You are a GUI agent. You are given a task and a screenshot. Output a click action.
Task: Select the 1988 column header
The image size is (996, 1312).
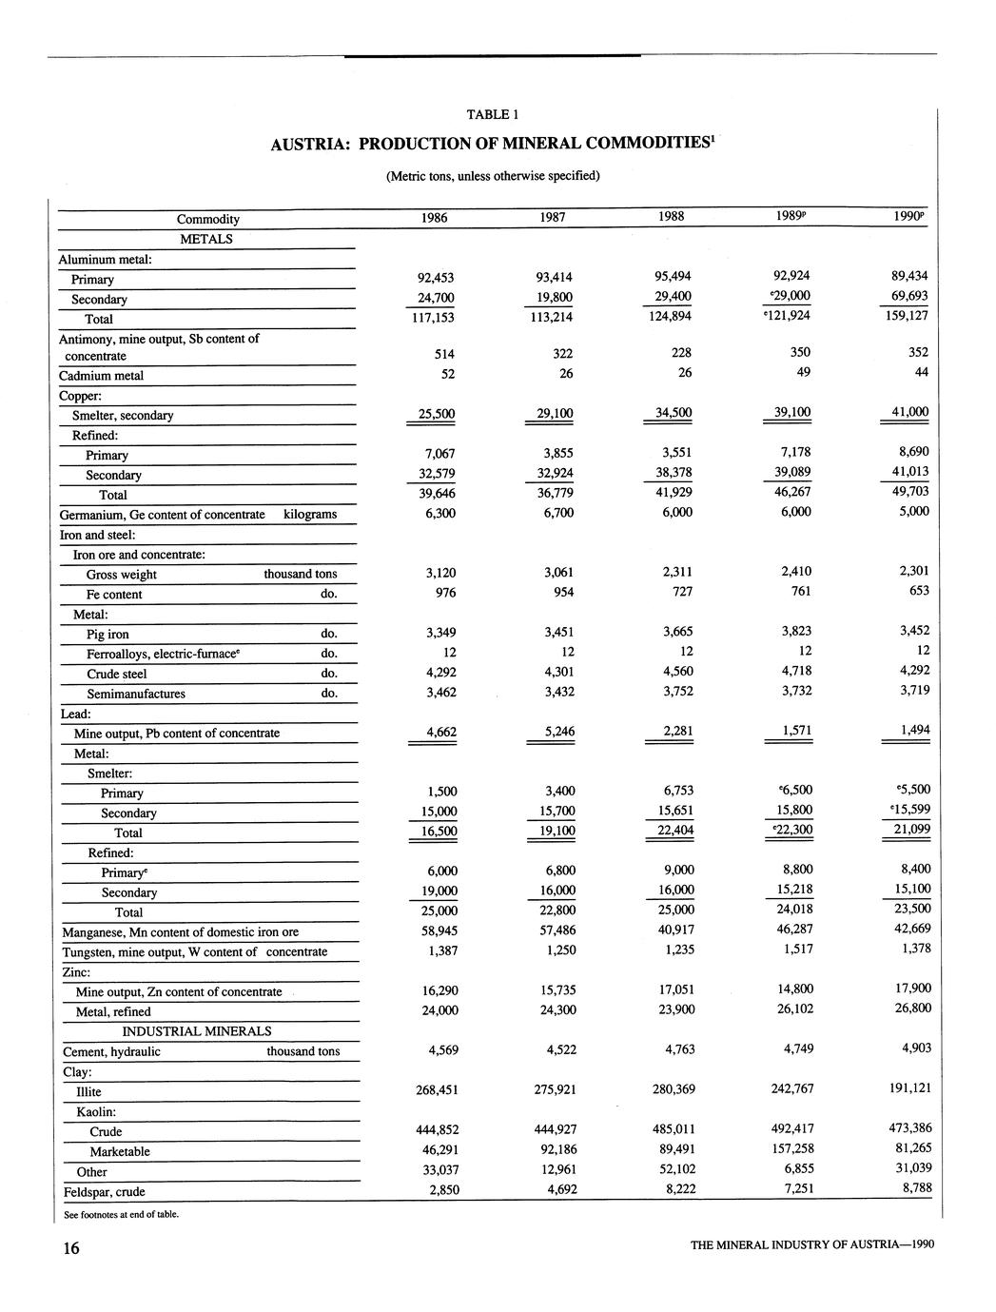671,216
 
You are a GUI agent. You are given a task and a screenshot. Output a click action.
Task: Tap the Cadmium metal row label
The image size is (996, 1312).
101,376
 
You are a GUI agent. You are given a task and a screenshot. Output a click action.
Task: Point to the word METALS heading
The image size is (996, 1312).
206,239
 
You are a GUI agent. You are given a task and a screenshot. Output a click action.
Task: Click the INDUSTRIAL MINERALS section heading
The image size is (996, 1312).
196,1031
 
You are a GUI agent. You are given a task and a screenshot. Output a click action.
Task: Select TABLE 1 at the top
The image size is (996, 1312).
492,115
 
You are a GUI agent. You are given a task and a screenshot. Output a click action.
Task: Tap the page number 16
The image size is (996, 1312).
71,1249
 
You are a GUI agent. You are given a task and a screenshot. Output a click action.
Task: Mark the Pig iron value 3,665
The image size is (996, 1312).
672,632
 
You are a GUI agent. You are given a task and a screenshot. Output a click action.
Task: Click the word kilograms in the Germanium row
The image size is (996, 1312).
310,515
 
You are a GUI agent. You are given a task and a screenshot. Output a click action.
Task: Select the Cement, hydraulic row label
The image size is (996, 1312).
111,1051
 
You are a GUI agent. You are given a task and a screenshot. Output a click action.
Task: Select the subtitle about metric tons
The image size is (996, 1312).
493,176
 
